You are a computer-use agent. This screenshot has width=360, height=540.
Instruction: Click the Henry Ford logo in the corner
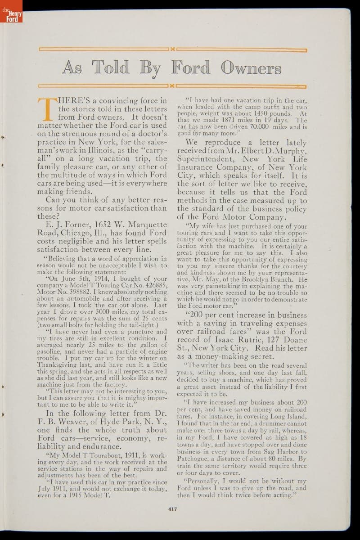pyautogui.click(x=11, y=11)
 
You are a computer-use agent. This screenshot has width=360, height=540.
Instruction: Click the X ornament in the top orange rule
pyautogui.click(x=172, y=49)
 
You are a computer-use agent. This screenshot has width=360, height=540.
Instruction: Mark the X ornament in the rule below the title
pyautogui.click(x=172, y=85)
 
